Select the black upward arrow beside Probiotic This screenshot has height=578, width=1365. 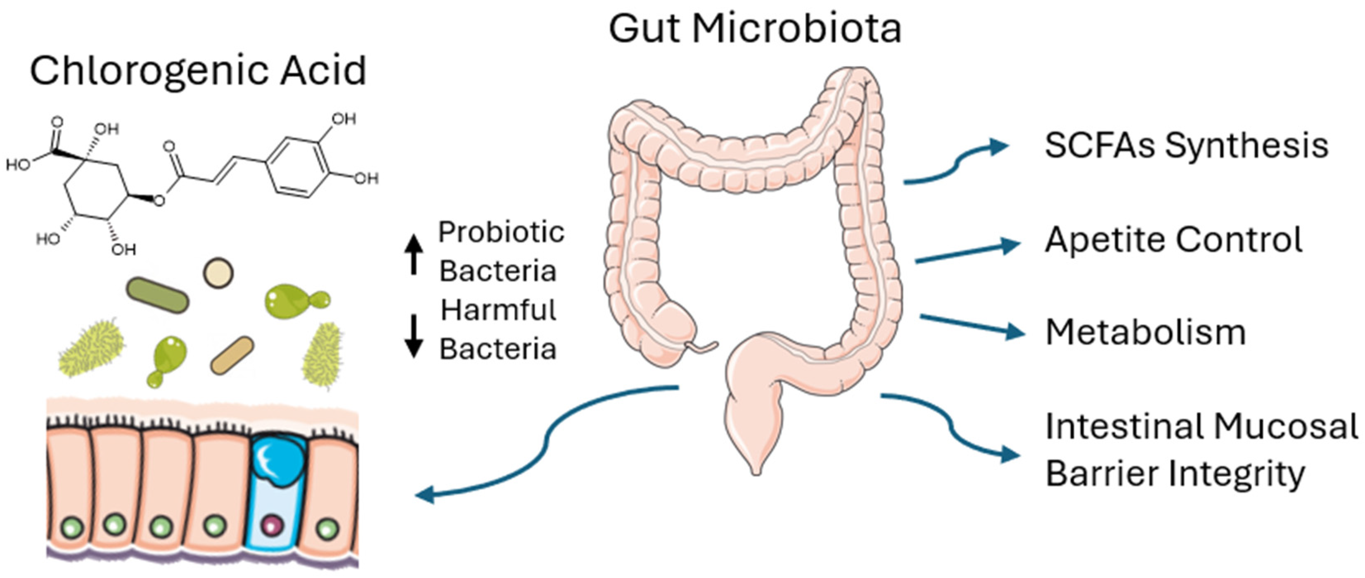pos(413,255)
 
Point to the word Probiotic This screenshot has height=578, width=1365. pos(501,233)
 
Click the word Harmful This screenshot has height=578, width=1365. pos(498,310)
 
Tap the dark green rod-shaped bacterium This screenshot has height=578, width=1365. pos(157,295)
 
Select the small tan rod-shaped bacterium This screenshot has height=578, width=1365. pos(232,356)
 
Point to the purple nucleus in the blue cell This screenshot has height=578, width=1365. pos(273,526)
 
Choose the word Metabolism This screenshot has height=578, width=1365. pos(1145,333)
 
